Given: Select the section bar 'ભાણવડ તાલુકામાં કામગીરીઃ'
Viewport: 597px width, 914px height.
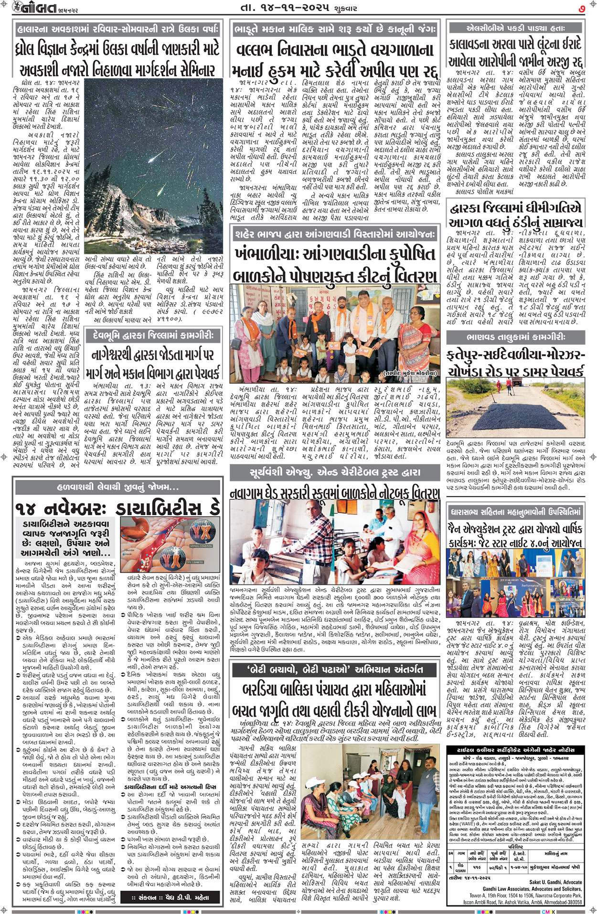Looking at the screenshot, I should [515, 337].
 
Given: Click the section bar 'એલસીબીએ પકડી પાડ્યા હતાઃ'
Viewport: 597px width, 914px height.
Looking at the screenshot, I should [515, 28].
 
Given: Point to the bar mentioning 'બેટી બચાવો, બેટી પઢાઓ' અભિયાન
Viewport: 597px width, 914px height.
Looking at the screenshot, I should [334, 669].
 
